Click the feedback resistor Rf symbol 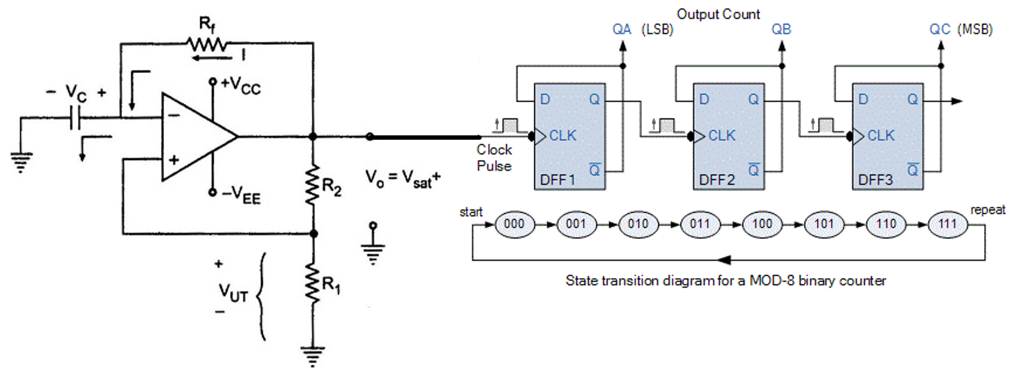coord(206,44)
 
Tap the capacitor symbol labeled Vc coord(75,117)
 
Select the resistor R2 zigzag coord(312,185)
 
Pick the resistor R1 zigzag coord(312,284)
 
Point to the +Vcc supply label coord(240,85)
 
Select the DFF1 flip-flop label coord(558,180)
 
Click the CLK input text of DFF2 coord(722,135)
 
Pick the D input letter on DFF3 coord(863,99)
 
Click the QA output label coord(622,29)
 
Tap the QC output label coord(939,29)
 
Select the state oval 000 coord(514,224)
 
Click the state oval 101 coord(823,224)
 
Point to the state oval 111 coord(947,224)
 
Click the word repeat coord(987,210)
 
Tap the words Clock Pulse coord(494,158)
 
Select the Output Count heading coord(718,14)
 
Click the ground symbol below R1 coord(312,356)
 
